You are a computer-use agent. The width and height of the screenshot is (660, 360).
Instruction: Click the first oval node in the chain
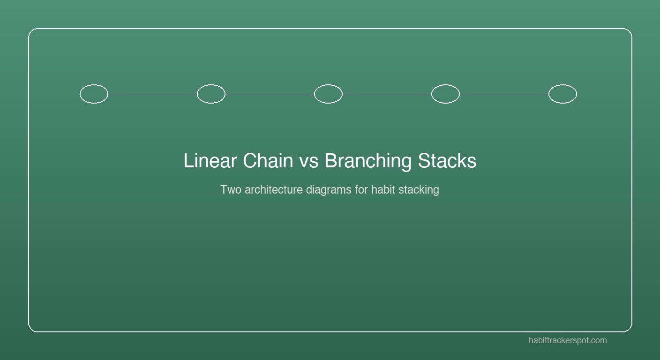click(94, 94)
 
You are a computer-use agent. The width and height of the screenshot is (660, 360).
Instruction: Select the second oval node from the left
click(211, 94)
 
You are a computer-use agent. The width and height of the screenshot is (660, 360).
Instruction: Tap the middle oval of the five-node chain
click(328, 94)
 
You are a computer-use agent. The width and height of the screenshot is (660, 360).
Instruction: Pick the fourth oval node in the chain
click(445, 94)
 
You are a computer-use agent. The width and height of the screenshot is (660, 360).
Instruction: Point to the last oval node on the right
click(562, 94)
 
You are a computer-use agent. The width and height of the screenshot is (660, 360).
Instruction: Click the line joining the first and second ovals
click(152, 94)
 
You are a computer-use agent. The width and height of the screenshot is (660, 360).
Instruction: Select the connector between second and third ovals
click(270, 94)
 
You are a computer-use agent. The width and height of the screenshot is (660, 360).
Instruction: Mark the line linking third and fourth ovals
click(387, 94)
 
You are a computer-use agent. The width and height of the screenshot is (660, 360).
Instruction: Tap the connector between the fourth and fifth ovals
click(504, 94)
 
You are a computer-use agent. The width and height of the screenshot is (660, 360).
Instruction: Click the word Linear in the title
click(210, 161)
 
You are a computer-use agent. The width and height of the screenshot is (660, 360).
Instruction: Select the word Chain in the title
click(268, 161)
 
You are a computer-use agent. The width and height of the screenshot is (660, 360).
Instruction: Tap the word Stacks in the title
click(447, 161)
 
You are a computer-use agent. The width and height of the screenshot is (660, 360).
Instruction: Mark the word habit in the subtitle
click(383, 190)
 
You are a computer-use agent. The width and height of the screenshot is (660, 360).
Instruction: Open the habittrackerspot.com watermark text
click(568, 340)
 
